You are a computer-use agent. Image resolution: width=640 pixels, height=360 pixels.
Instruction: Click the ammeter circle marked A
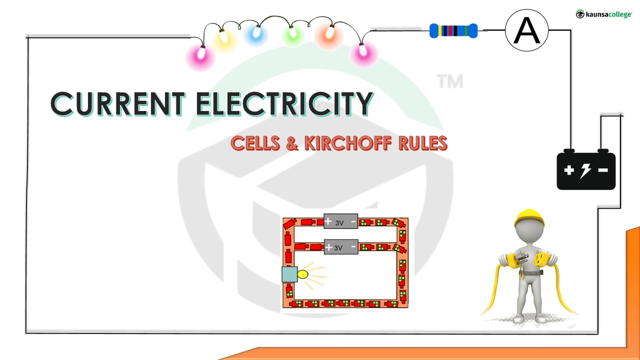(526, 30)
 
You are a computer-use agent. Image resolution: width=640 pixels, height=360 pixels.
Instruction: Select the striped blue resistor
(453, 31)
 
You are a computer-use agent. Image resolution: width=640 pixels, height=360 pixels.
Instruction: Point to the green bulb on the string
(290, 35)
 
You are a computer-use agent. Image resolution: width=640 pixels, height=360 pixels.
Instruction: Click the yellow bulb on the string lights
(224, 40)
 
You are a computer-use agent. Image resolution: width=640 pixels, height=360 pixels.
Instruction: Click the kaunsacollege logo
(603, 14)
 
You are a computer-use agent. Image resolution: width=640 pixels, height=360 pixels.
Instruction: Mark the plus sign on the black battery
(569, 170)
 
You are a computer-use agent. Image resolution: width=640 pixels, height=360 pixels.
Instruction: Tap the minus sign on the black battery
(603, 170)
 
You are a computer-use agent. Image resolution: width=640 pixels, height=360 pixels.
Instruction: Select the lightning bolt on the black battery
(585, 170)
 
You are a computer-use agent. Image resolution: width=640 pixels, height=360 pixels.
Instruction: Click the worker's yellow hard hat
(529, 218)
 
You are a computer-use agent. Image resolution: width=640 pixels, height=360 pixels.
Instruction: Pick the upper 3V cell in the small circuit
(340, 222)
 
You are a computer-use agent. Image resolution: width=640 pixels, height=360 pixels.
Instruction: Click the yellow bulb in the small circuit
(302, 274)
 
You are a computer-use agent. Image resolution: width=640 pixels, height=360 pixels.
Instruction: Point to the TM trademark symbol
(450, 81)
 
